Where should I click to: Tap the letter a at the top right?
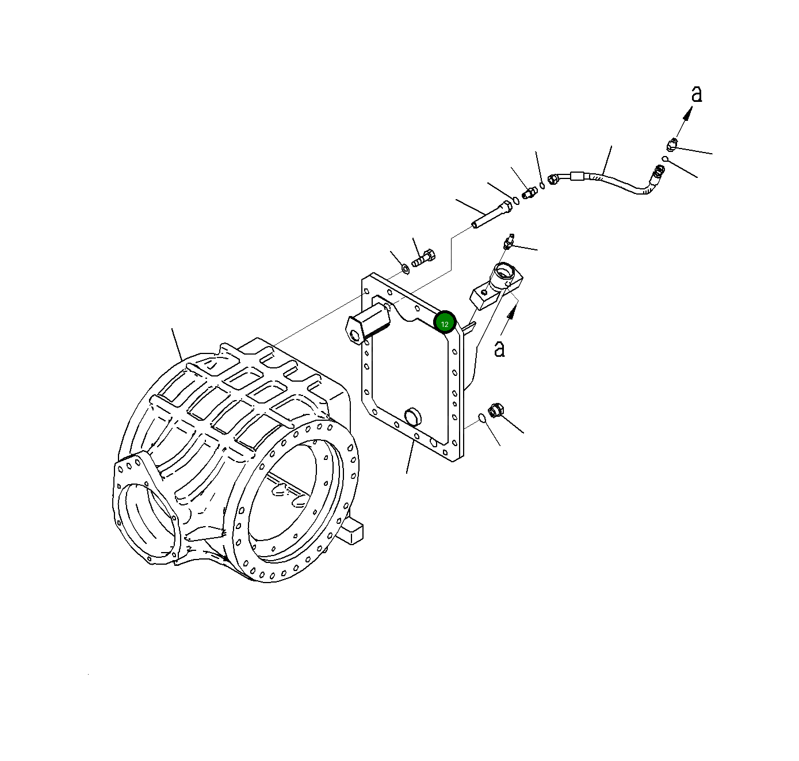click(x=697, y=94)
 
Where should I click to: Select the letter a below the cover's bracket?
click(x=499, y=349)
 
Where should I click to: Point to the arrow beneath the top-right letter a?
click(x=682, y=123)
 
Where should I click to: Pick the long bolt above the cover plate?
click(x=492, y=214)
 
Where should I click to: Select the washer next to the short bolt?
click(x=405, y=268)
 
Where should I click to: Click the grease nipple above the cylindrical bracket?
click(x=508, y=242)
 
